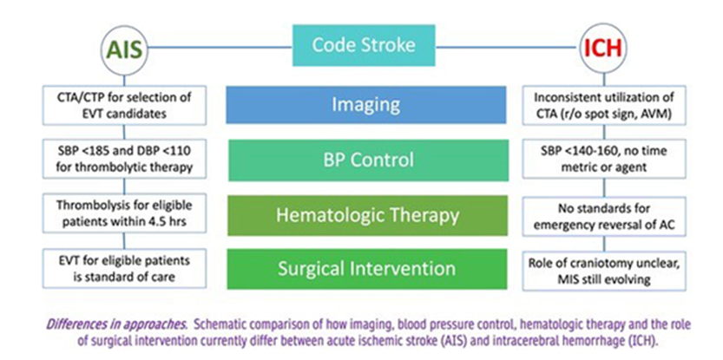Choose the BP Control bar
pyautogui.click(x=365, y=160)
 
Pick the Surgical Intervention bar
pyautogui.click(x=365, y=269)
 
